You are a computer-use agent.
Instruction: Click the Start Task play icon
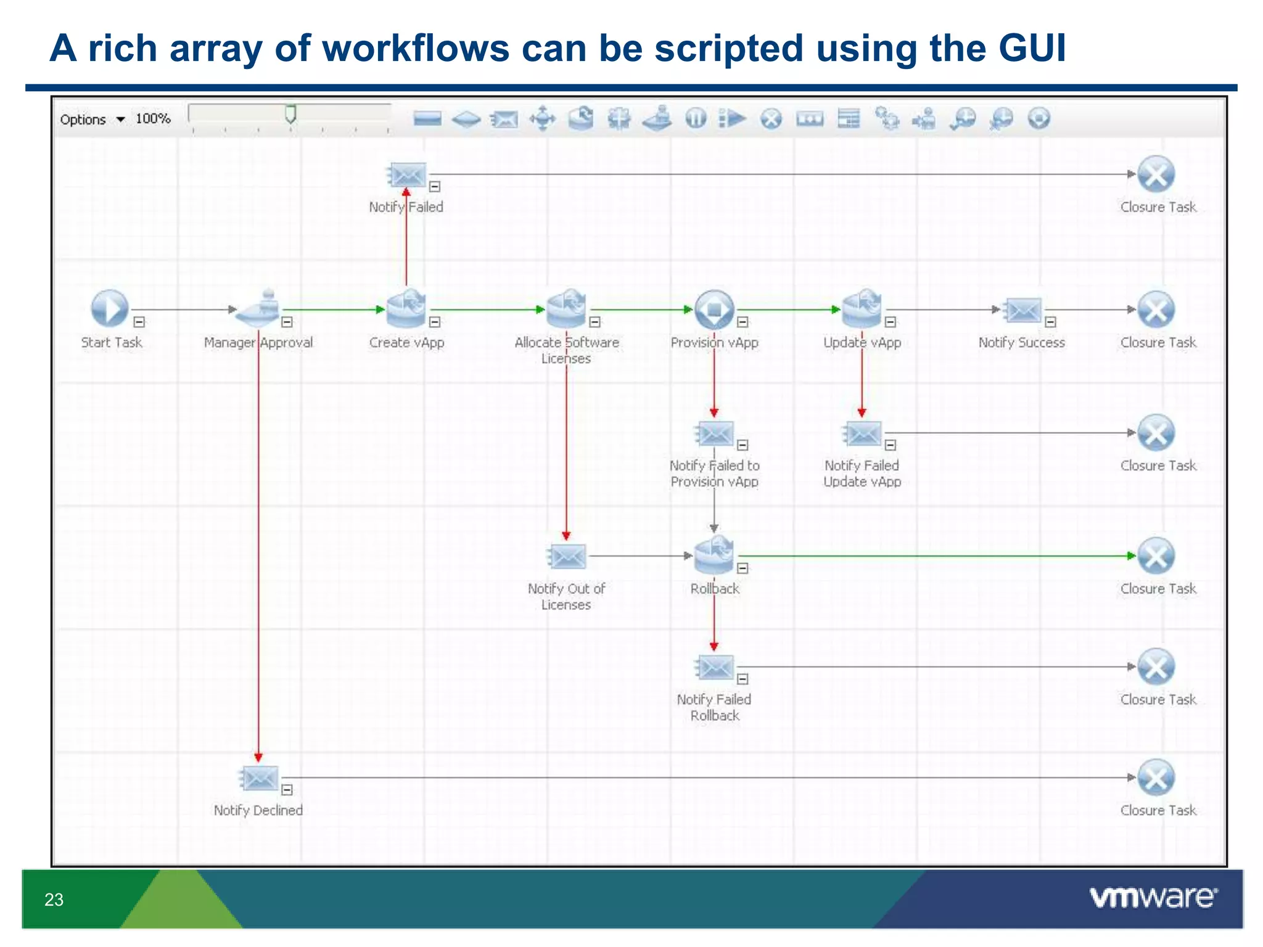click(110, 308)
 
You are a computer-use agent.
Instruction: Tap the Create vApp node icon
click(406, 308)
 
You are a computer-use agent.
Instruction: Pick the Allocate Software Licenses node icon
click(566, 308)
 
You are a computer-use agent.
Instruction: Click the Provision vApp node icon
click(714, 309)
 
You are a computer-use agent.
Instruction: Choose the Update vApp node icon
click(862, 308)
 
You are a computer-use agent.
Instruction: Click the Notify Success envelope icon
click(1023, 310)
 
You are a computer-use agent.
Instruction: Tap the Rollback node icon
click(714, 555)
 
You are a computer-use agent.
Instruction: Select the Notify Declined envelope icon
click(260, 778)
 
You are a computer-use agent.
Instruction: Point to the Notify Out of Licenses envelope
click(567, 556)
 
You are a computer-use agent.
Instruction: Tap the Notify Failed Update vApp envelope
click(863, 433)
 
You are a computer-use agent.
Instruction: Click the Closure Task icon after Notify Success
click(1156, 310)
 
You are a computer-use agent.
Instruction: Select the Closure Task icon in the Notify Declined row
click(1156, 777)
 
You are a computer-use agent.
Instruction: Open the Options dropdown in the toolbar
click(93, 120)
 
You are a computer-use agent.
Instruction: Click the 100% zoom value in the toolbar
click(153, 118)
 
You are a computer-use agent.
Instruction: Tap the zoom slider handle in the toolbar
click(290, 114)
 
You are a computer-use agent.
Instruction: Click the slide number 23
click(54, 900)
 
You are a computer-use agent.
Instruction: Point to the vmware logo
click(1153, 897)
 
